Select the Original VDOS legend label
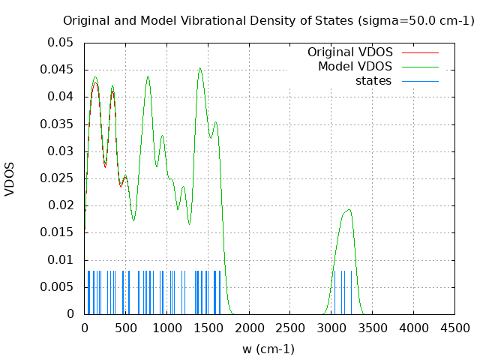point(349,52)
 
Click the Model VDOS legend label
point(355,67)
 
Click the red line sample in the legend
point(420,52)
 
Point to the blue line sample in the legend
point(420,81)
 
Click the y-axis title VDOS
point(10,178)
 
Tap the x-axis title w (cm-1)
point(268,349)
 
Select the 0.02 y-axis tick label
point(60,205)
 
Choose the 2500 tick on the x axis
point(290,328)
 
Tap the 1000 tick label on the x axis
point(166,328)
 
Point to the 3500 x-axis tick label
point(372,328)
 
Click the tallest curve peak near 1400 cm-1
point(199,68)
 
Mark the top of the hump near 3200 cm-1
point(349,210)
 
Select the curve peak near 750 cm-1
point(148,76)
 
